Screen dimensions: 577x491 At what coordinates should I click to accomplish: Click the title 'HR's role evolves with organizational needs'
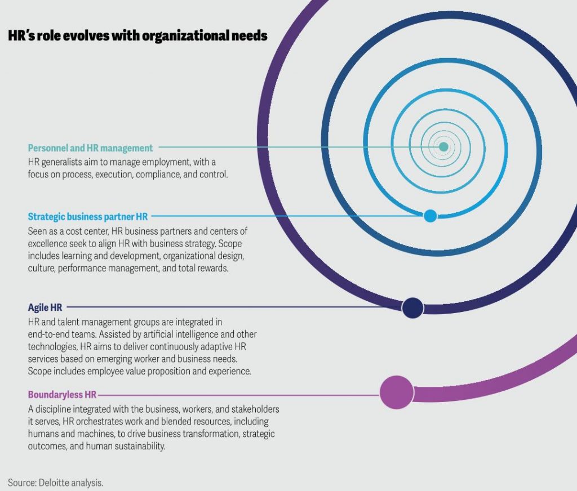click(137, 35)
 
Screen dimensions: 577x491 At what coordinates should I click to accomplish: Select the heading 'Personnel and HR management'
click(90, 148)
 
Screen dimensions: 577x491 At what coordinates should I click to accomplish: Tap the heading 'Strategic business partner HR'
click(87, 217)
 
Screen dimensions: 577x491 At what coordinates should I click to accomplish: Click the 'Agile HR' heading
click(45, 307)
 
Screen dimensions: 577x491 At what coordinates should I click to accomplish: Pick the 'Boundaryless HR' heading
click(62, 395)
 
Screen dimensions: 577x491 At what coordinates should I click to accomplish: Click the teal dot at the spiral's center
click(443, 147)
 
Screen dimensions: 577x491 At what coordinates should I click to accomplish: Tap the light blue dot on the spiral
click(430, 216)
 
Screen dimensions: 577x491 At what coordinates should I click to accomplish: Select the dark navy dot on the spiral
click(413, 308)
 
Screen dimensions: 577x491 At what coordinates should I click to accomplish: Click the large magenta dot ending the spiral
click(397, 392)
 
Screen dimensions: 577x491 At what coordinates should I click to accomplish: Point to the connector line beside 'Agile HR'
click(234, 307)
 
